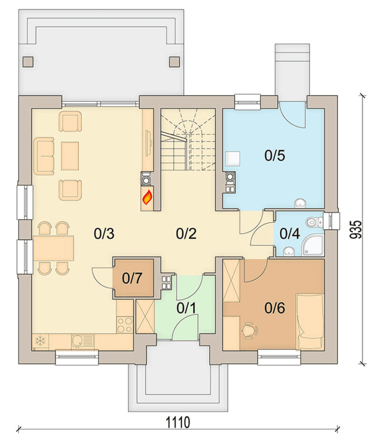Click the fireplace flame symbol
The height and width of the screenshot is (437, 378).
147,197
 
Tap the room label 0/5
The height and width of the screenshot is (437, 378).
275,155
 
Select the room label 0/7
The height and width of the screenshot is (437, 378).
132,278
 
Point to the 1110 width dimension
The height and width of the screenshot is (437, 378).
179,422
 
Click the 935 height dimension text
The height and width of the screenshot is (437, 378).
355,230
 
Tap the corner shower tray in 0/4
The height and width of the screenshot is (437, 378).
314,245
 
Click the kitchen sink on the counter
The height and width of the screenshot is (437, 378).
82,341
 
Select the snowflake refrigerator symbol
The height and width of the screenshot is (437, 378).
41,341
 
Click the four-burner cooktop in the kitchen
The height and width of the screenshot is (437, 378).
125,325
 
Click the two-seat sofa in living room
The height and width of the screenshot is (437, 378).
44,156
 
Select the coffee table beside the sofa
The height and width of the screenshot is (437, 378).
70,156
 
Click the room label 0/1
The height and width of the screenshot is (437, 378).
186,308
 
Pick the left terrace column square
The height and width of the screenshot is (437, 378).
28,62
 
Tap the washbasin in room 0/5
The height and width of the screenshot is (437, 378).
300,203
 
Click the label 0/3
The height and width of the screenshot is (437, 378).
104,233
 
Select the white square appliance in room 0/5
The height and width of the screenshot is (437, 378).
232,159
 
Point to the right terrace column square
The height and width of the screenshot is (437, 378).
175,62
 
